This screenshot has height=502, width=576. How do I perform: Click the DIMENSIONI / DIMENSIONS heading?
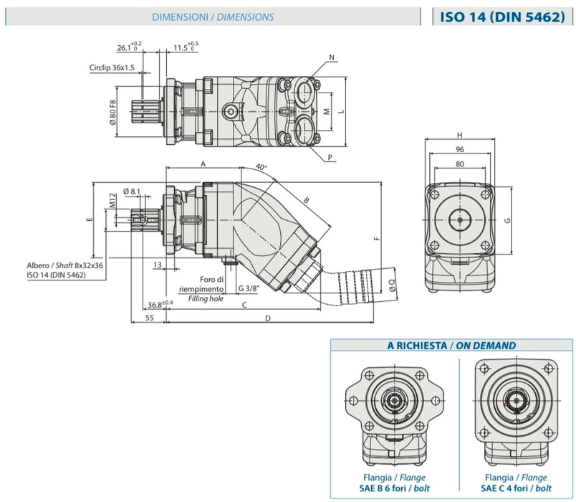[x=213, y=16]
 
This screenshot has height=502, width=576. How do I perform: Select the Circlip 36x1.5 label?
[x=112, y=68]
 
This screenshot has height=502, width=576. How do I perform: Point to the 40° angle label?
[x=261, y=167]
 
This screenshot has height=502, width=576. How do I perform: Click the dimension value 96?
[x=460, y=150]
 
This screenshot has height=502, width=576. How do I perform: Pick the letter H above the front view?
[x=460, y=135]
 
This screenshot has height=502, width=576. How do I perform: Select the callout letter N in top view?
[x=332, y=57]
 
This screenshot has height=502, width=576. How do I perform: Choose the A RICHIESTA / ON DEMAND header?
[x=451, y=345]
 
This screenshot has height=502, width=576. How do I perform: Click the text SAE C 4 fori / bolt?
[x=512, y=488]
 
